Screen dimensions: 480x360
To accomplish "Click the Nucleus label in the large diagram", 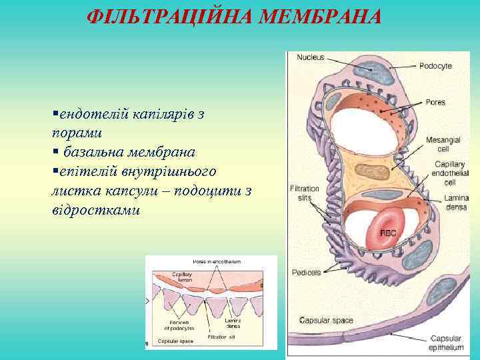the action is pyautogui.click(x=310, y=57).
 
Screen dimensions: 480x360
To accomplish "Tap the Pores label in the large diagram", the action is pyautogui.click(x=435, y=103).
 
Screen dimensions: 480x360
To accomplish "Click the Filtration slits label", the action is pyautogui.click(x=305, y=193).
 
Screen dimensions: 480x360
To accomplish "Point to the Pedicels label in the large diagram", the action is pyautogui.click(x=306, y=272).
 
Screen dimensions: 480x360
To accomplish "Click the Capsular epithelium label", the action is pyautogui.click(x=446, y=343).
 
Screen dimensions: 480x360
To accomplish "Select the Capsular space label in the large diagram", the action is pyautogui.click(x=326, y=321).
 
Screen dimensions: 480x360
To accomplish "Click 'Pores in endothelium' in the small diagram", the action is pyautogui.click(x=216, y=261).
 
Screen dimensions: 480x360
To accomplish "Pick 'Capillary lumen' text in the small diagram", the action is pyautogui.click(x=181, y=277).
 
